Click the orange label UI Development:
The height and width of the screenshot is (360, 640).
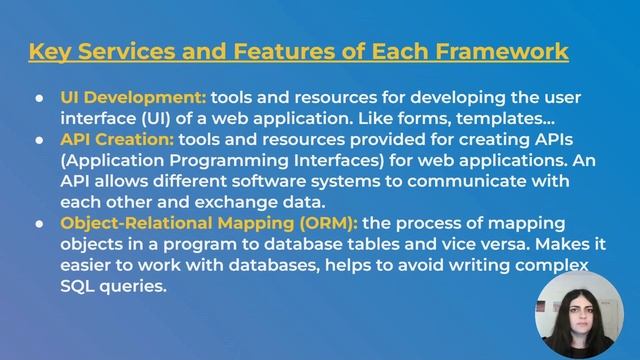133,98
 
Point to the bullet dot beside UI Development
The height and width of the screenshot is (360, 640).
39,99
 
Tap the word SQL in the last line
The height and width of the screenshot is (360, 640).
80,286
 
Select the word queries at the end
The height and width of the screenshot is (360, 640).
136,286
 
